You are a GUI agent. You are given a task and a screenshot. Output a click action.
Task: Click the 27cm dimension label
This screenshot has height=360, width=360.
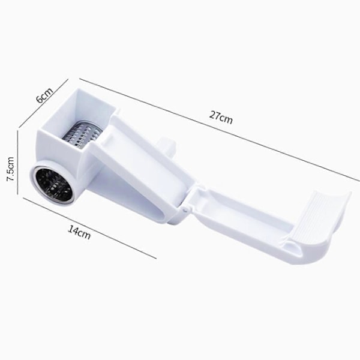point(221,118)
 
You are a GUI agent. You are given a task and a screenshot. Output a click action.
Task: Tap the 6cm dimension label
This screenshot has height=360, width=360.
point(44,95)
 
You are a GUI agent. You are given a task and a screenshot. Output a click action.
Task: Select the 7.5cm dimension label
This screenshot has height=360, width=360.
point(10,169)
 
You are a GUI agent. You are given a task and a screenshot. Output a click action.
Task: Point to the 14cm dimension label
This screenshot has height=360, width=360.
point(79,232)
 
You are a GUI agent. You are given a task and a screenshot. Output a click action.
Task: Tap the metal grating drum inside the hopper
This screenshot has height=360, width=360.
point(82,136)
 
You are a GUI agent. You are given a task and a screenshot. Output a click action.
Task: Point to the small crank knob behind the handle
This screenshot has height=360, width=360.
point(167,146)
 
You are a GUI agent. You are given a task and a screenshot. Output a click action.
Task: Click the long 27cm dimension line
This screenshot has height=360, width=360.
point(220,130)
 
